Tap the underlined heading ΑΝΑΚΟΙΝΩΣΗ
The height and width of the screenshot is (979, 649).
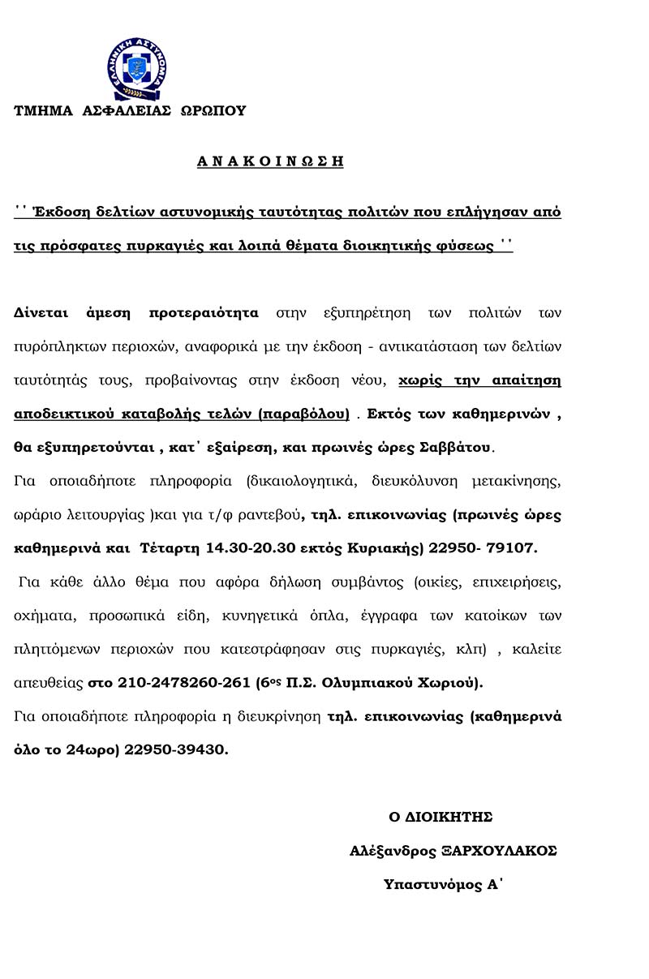click(270, 161)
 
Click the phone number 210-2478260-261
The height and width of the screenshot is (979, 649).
click(184, 683)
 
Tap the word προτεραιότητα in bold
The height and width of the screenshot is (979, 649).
click(204, 312)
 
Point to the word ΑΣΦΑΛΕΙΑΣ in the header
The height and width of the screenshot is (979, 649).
click(127, 111)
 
